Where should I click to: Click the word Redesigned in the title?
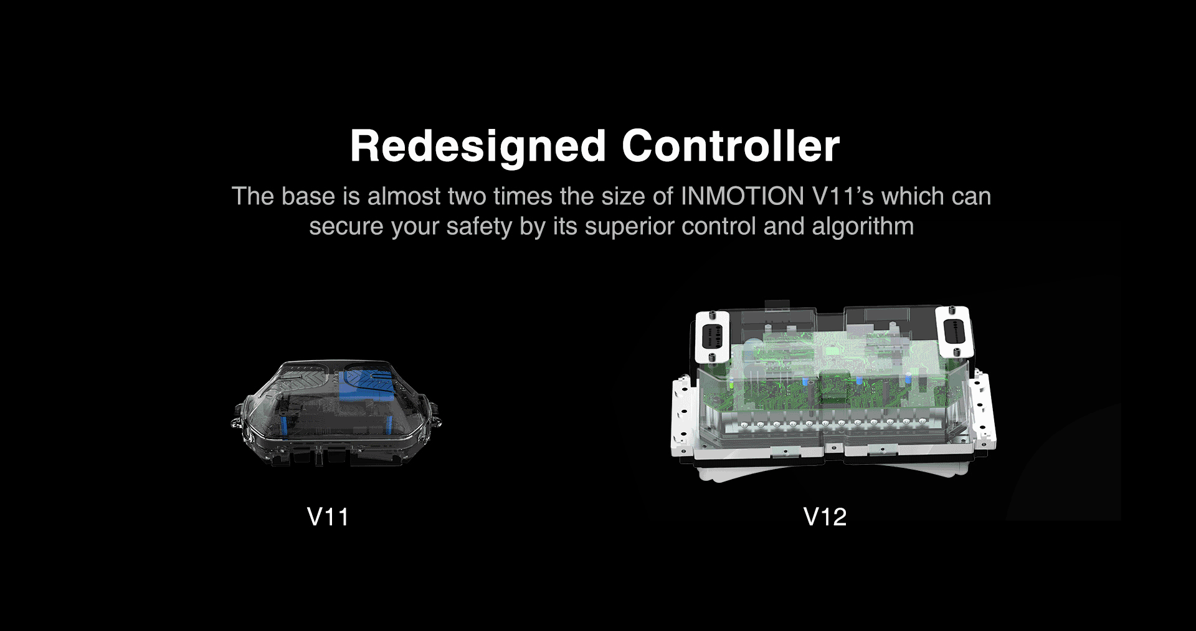click(x=478, y=147)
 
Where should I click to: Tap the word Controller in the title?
click(x=731, y=147)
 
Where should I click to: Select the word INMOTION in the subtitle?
click(x=742, y=196)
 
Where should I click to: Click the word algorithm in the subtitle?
click(x=863, y=226)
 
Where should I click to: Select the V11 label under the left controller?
click(x=328, y=517)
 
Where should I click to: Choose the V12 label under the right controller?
click(x=825, y=517)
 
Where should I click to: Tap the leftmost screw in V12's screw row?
click(x=745, y=425)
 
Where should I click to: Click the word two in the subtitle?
click(x=469, y=196)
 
